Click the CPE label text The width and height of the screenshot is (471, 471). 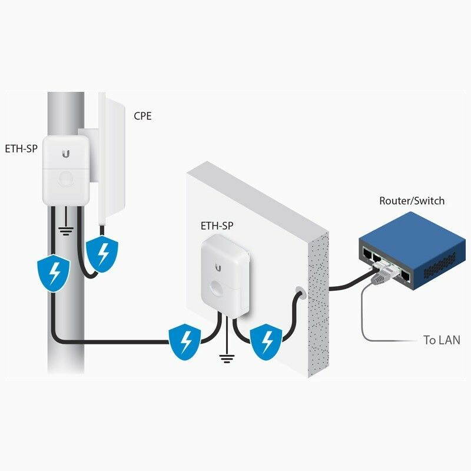coord(142,116)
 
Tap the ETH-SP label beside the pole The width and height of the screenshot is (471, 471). coord(21,148)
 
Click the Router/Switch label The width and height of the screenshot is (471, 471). coord(412,201)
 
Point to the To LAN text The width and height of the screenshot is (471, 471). coord(442,340)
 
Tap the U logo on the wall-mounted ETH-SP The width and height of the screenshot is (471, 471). coord(218,267)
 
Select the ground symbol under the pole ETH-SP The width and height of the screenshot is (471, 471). coord(67,230)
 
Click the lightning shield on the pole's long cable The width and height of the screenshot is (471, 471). coord(55,271)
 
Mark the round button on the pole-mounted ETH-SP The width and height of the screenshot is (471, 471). coord(66,178)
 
